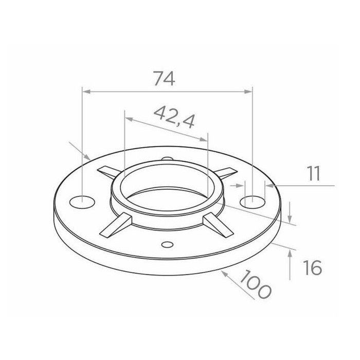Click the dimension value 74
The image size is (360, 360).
164,79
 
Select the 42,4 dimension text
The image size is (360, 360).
174,117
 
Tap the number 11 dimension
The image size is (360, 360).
313,174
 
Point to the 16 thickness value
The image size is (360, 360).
312,267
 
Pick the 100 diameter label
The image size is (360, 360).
255,284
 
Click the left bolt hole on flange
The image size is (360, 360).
82,202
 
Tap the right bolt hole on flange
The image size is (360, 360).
253,202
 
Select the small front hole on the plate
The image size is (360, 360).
167,244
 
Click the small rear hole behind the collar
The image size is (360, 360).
167,158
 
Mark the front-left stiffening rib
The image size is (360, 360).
116,226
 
